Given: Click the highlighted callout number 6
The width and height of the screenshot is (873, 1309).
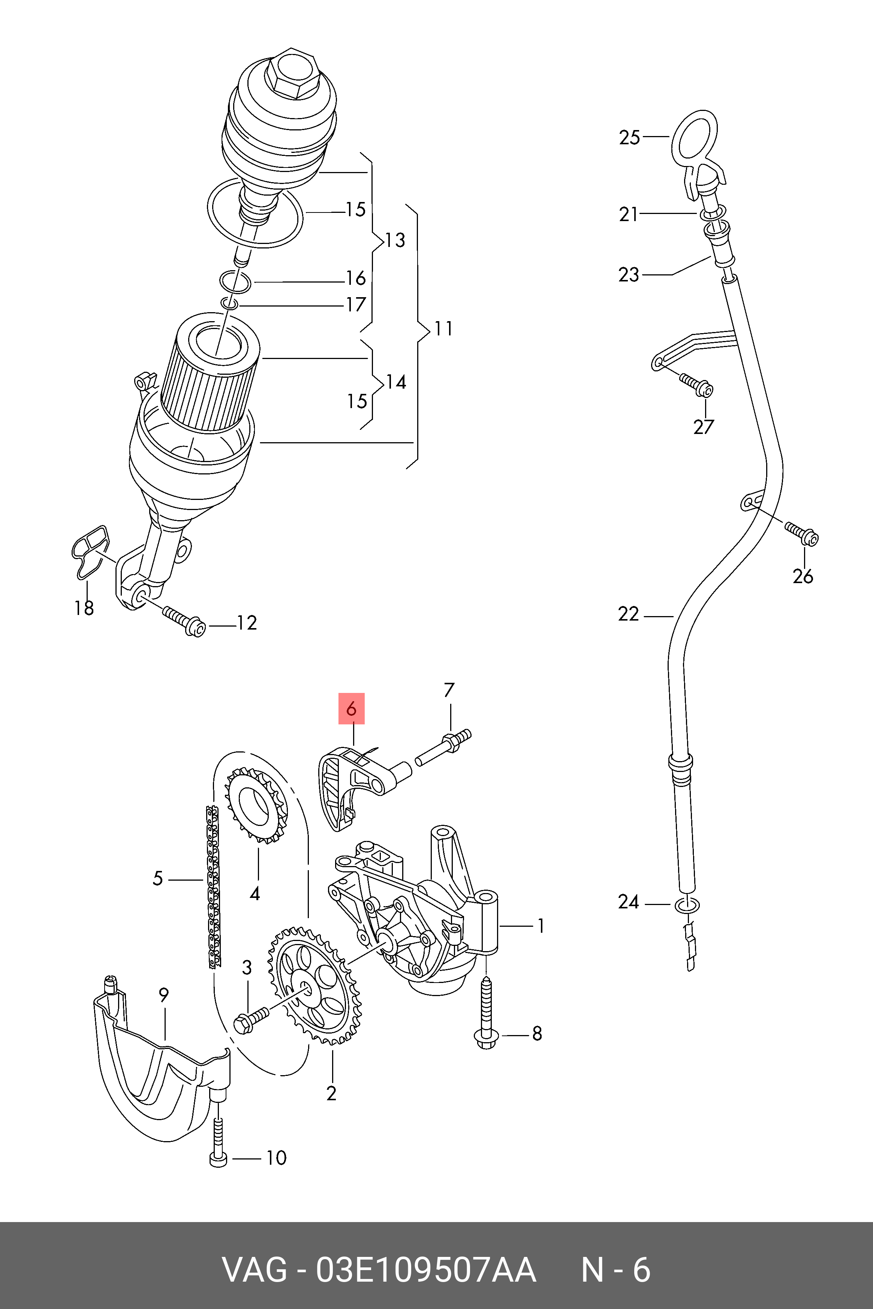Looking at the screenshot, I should click(x=351, y=709).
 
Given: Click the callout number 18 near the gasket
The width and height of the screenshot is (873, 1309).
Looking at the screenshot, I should click(x=84, y=608).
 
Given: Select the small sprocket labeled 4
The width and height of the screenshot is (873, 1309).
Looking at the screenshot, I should click(x=256, y=805).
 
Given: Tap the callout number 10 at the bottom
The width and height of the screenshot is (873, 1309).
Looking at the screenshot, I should click(x=276, y=1158).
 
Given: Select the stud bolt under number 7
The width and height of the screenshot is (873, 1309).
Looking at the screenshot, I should click(x=443, y=748).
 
